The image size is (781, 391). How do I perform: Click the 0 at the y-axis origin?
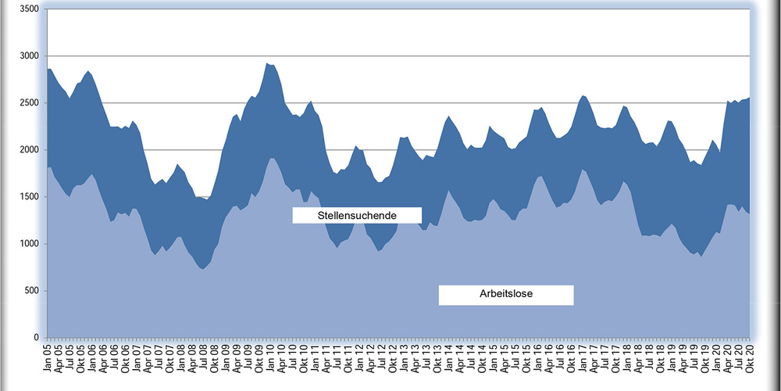pyautogui.click(x=35, y=338)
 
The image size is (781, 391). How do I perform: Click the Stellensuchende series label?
pyautogui.click(x=357, y=215)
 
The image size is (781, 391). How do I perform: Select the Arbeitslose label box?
pyautogui.click(x=506, y=295)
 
